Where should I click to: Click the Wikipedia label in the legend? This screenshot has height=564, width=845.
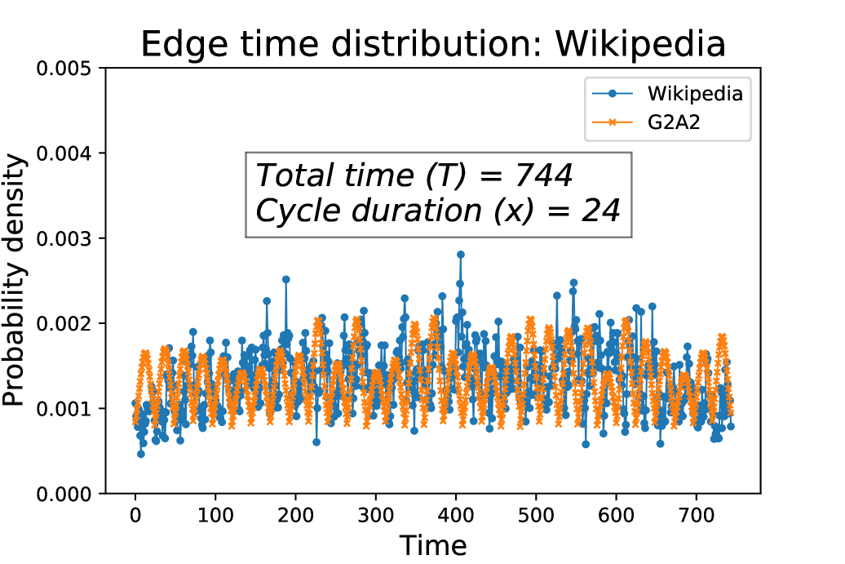coord(695,94)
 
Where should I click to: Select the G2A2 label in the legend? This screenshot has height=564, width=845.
coord(674,122)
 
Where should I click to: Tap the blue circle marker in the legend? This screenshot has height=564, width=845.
coord(612,94)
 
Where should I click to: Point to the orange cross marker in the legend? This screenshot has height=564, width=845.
coord(612,122)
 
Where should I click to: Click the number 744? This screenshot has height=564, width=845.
coord(544,176)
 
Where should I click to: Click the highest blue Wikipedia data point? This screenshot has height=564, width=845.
coord(461,254)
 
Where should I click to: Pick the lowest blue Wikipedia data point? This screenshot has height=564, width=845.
coord(141,454)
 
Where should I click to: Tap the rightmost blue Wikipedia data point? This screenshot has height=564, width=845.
coord(731,426)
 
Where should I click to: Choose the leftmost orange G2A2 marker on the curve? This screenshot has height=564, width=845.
coord(135,419)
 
